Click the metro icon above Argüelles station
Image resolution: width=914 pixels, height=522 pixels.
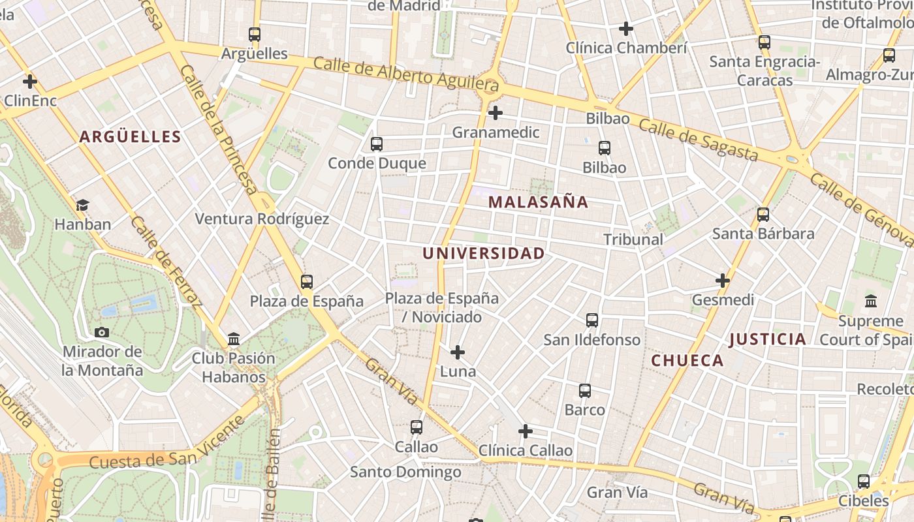255,35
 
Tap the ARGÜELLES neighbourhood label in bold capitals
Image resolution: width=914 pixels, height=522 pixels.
130,136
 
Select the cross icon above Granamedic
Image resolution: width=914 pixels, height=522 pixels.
496,113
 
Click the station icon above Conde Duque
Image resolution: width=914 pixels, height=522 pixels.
377,144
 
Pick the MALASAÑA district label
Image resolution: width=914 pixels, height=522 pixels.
538,202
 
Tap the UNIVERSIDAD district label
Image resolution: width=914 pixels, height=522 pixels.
483,254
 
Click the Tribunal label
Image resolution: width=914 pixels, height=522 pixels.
633,239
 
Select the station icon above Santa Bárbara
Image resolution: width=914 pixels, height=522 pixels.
763,215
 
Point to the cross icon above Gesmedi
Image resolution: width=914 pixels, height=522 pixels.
722,281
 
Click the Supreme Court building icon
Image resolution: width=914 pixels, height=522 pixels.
871,301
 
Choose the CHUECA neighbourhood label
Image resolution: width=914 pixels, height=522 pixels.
687,360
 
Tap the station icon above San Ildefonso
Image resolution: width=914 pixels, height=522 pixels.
592,320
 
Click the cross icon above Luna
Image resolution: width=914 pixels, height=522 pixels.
458,352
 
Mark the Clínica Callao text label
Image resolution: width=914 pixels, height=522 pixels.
526,451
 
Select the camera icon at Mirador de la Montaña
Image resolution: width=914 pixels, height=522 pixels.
101,332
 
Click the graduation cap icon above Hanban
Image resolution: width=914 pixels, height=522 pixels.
82,206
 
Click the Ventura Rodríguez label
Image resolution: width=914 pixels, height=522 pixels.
262,219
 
